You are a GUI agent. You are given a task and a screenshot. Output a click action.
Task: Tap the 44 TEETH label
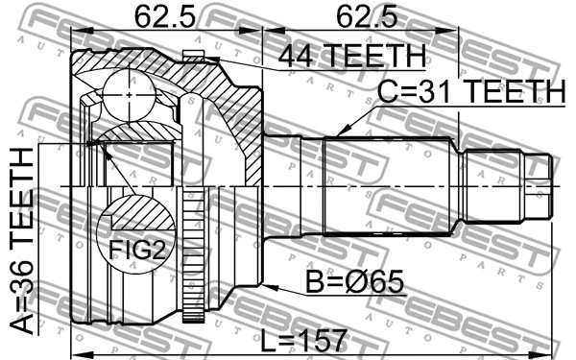click(350, 57)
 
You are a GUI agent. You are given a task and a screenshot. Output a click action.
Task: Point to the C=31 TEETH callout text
click(469, 92)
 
